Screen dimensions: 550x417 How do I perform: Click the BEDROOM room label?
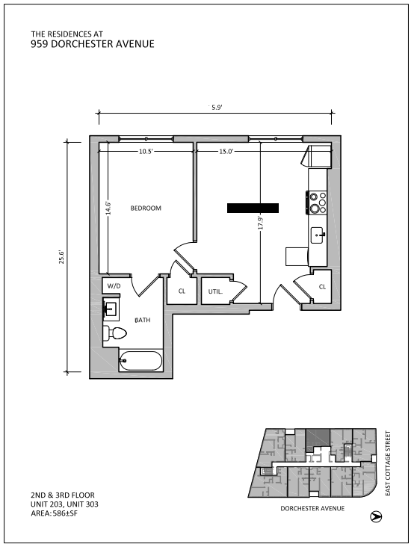pyautogui.click(x=146, y=208)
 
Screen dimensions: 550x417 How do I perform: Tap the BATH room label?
pyautogui.click(x=142, y=320)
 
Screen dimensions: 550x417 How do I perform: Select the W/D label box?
pyautogui.click(x=114, y=286)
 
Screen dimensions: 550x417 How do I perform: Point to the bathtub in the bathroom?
pyautogui.click(x=140, y=362)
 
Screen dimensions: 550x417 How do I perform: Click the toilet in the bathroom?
pyautogui.click(x=116, y=333)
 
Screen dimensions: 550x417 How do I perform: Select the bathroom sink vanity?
pyautogui.click(x=111, y=308)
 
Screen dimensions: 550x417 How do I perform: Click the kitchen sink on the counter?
pyautogui.click(x=318, y=235)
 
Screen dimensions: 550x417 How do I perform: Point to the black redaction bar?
pyautogui.click(x=253, y=208)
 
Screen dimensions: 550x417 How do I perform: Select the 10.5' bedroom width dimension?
pyautogui.click(x=146, y=151)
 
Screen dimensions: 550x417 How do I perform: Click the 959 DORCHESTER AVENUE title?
pyautogui.click(x=92, y=44)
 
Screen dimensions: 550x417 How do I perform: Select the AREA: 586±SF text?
pyautogui.click(x=54, y=513)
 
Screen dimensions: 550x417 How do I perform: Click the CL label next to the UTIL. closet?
pyautogui.click(x=182, y=291)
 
